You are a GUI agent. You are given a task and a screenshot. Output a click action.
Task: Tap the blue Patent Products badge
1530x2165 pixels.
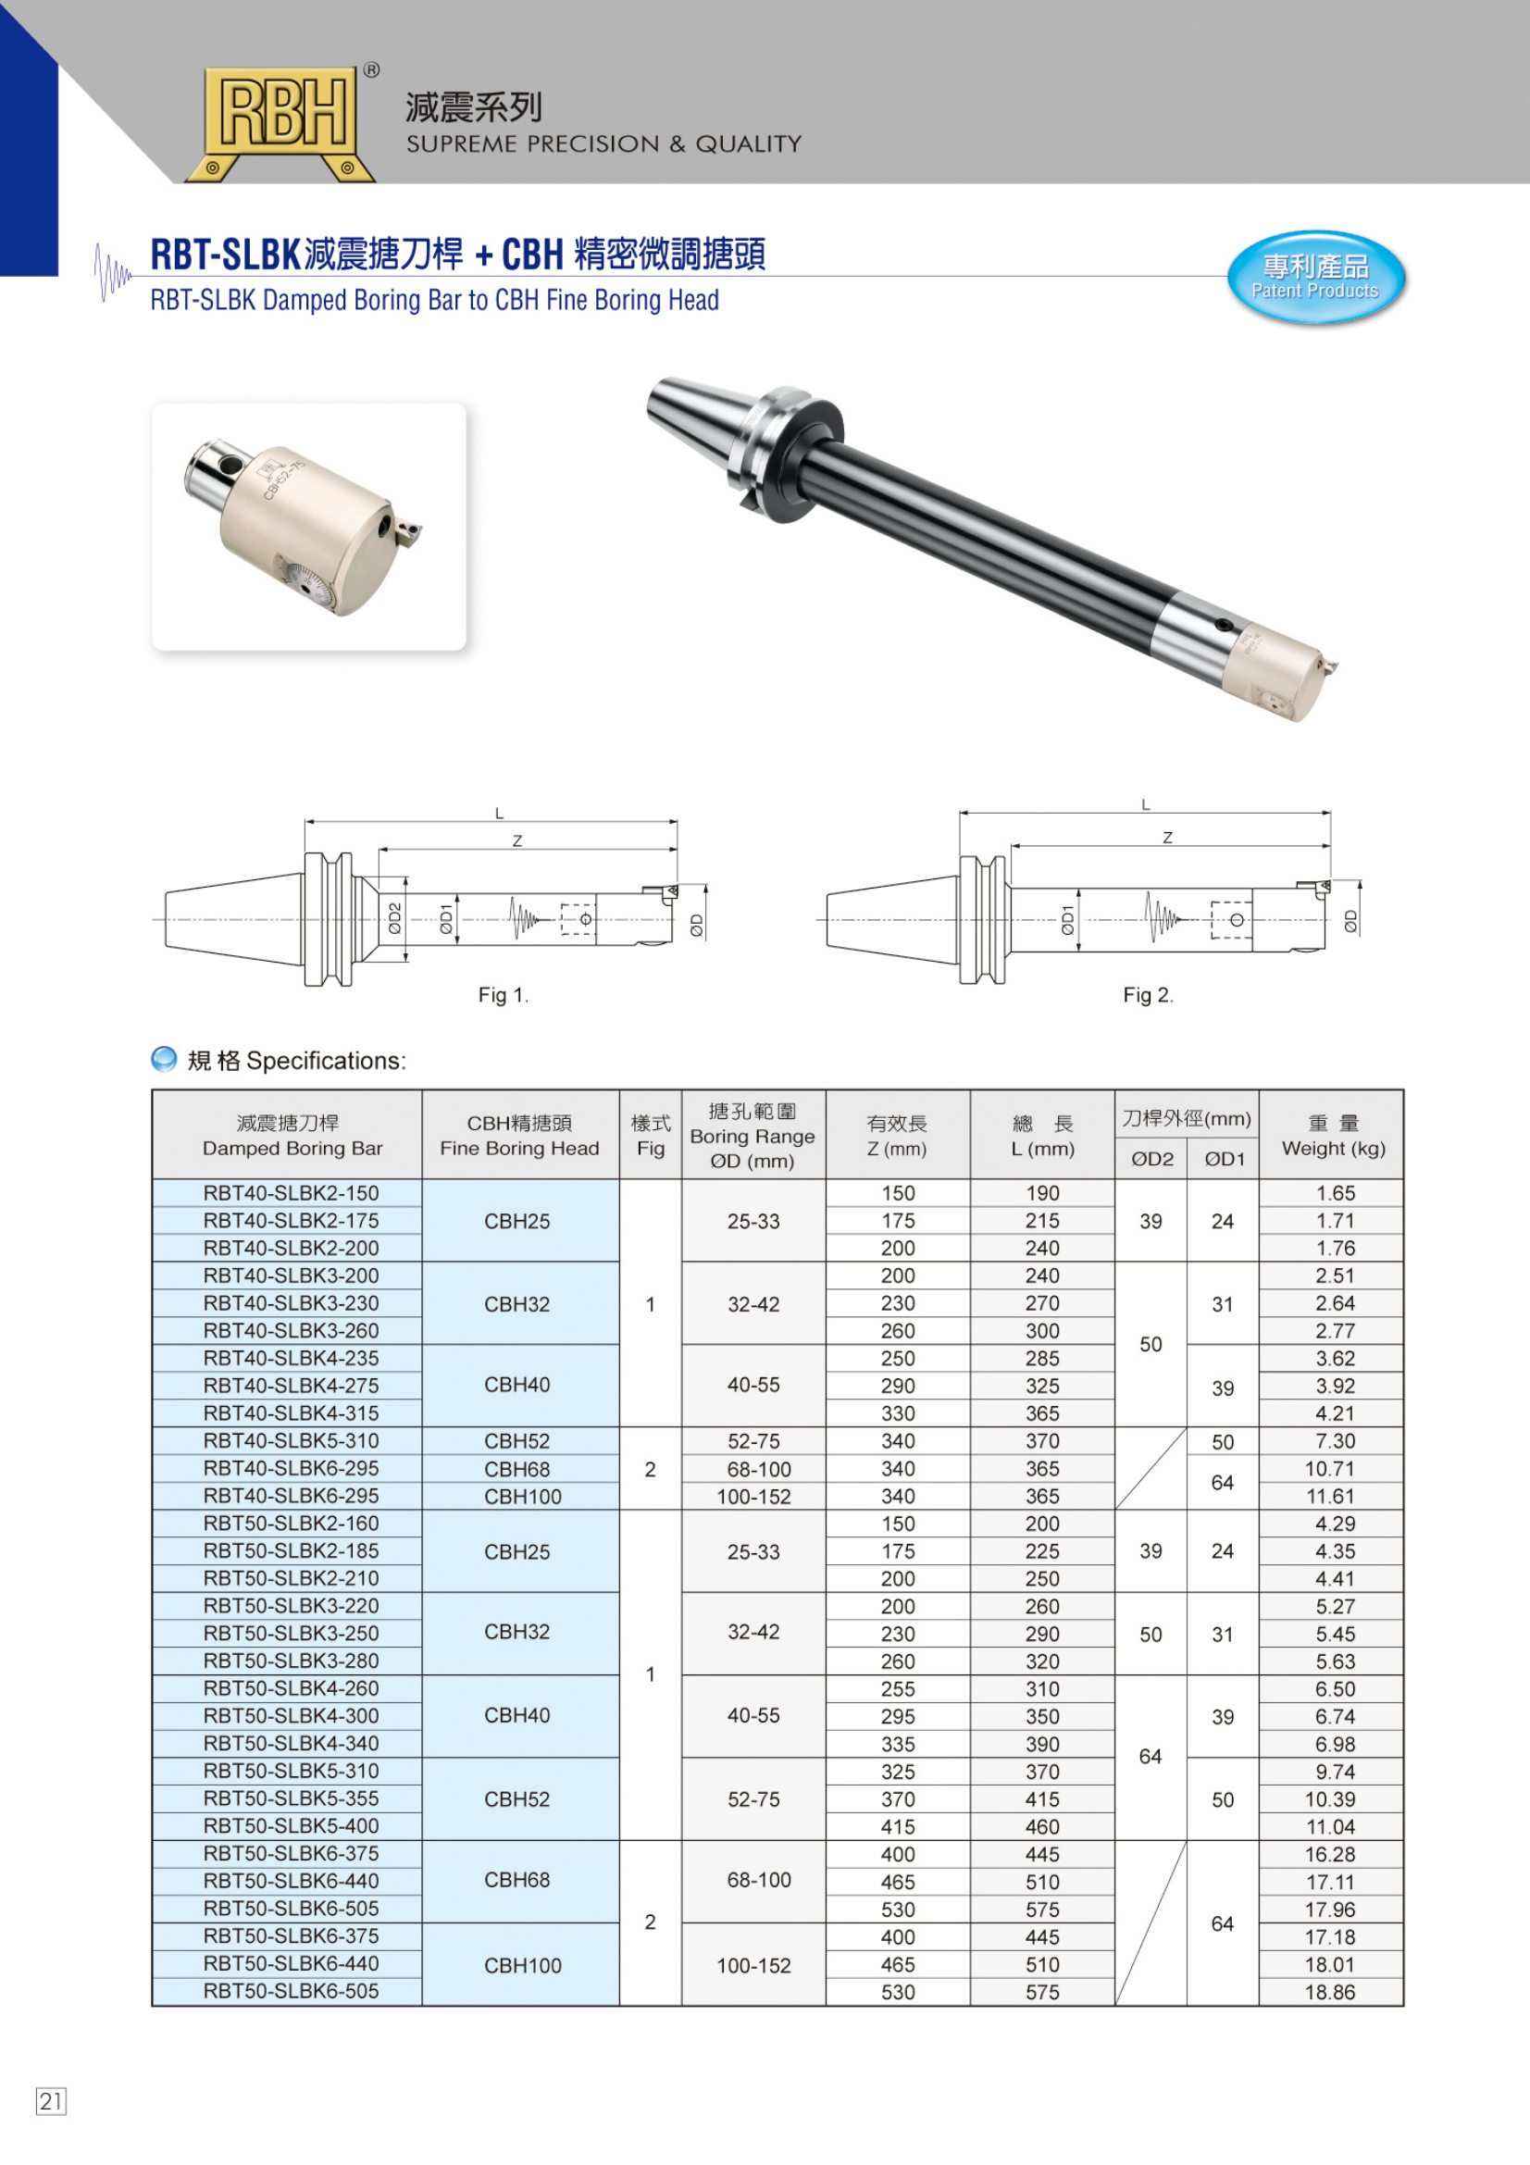[1315, 279]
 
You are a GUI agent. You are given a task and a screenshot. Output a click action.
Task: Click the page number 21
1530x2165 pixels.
[51, 2100]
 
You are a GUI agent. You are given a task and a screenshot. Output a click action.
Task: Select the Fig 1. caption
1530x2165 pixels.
[504, 995]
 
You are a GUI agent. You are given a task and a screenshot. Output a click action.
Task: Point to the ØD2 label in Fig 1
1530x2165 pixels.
[395, 918]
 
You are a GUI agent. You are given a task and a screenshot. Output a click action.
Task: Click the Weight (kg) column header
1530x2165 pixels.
[1333, 1149]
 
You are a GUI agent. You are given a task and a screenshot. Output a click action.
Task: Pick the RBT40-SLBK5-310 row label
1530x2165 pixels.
[292, 1441]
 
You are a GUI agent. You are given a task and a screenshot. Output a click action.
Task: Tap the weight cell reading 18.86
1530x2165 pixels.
[1330, 1992]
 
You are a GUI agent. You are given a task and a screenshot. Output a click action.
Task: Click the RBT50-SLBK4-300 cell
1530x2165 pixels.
[292, 1716]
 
